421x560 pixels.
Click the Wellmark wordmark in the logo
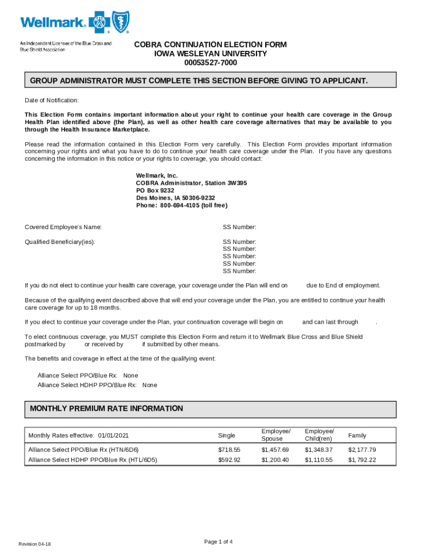pyautogui.click(x=53, y=22)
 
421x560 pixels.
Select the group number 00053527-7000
pyautogui.click(x=210, y=63)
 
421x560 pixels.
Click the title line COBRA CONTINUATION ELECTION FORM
pyautogui.click(x=210, y=44)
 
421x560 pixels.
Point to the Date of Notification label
pyautogui.click(x=52, y=101)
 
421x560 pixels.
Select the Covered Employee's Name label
pyautogui.click(x=63, y=227)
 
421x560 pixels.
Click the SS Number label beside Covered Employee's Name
pyautogui.click(x=239, y=227)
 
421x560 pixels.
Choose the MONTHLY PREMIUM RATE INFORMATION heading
pyautogui.click(x=107, y=409)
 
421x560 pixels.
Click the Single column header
pyautogui.click(x=226, y=435)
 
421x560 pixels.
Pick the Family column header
pyautogui.click(x=357, y=435)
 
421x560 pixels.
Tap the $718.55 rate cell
pyautogui.click(x=229, y=450)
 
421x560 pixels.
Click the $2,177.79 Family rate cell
pyautogui.click(x=362, y=450)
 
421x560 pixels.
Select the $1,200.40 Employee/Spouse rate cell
pyautogui.click(x=274, y=460)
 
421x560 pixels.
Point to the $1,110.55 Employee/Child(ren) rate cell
pyautogui.click(x=318, y=460)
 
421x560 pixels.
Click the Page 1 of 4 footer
pyautogui.click(x=218, y=542)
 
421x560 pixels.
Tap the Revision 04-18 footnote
pyautogui.click(x=35, y=544)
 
